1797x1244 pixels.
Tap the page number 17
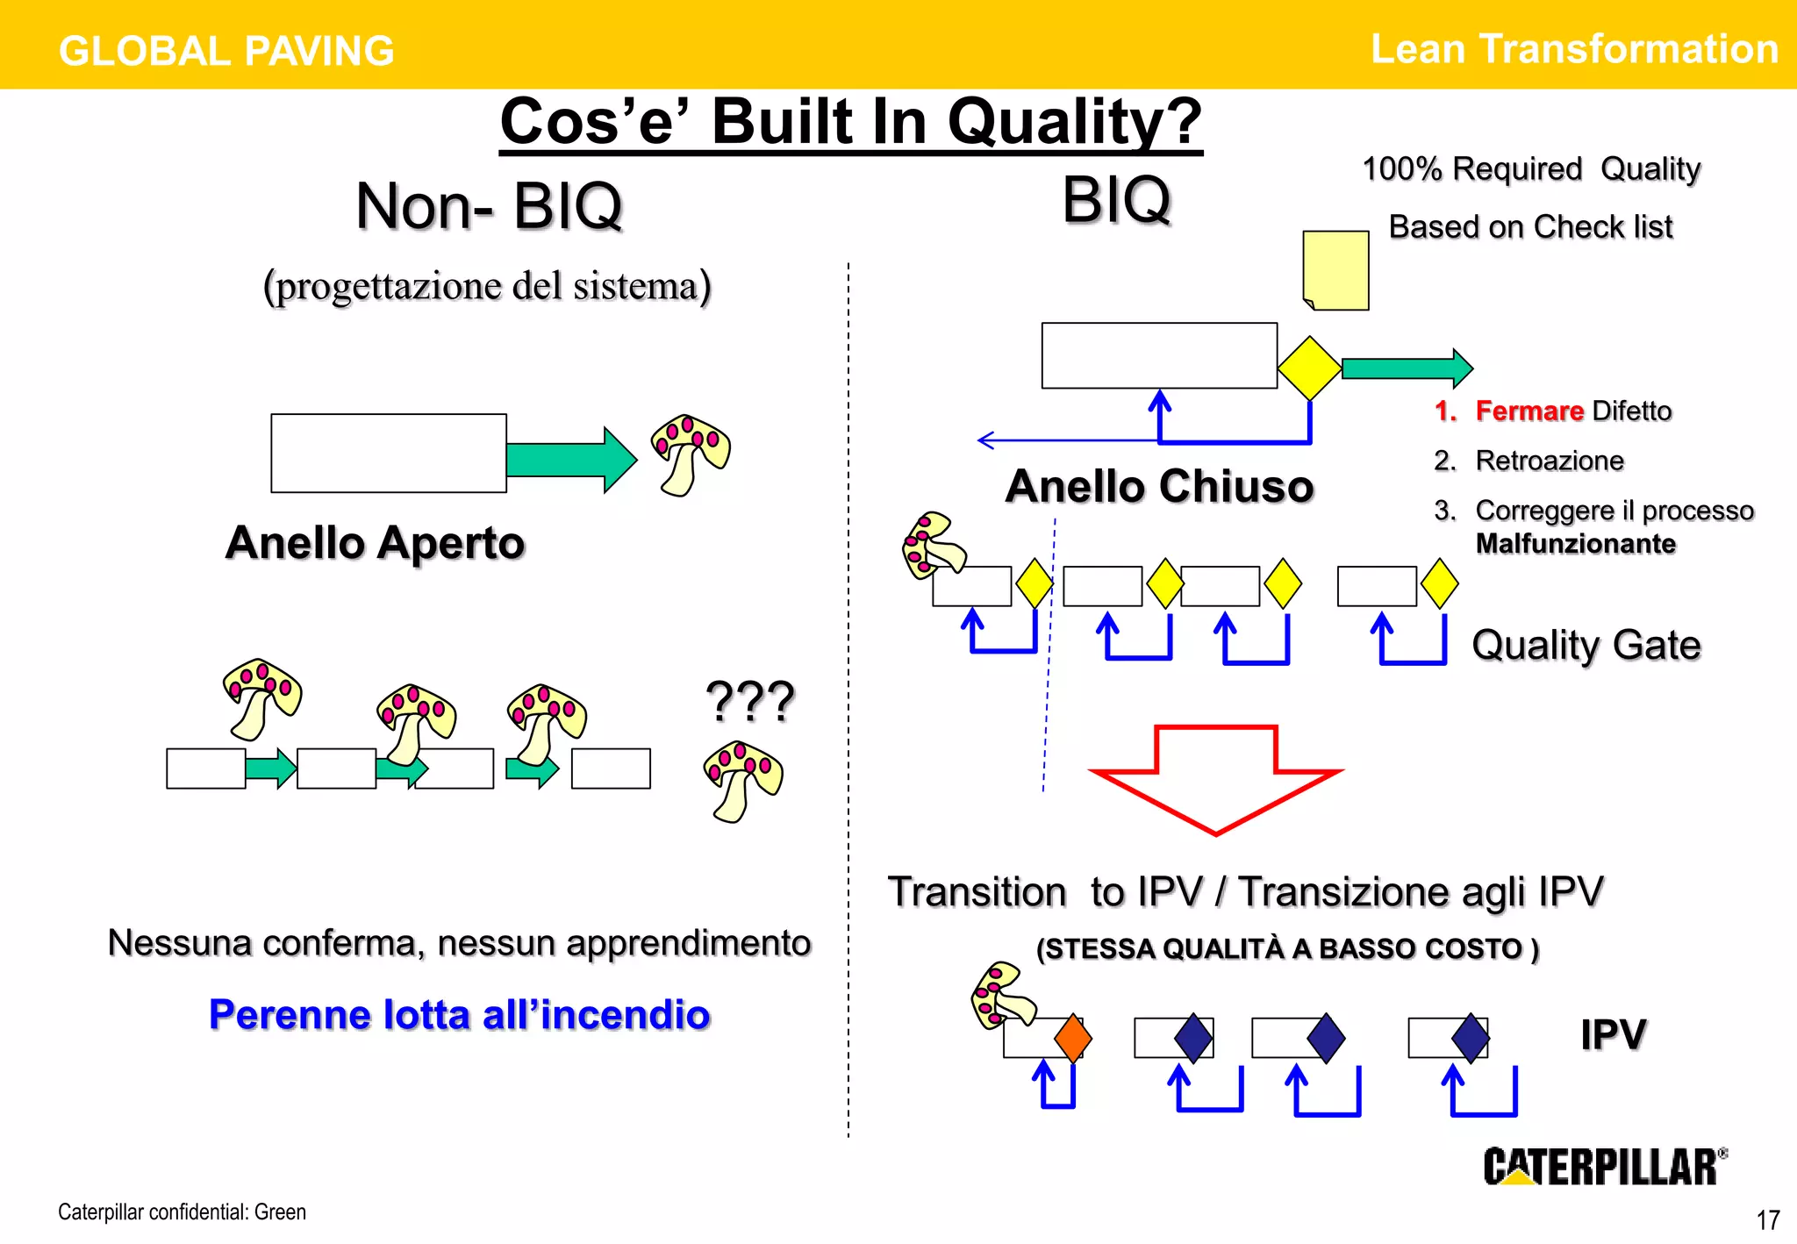tap(1767, 1219)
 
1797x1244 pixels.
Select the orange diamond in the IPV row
tap(1072, 1038)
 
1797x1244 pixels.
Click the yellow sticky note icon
tap(1335, 270)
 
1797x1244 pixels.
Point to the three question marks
tap(750, 702)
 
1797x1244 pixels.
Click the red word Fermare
tap(1529, 411)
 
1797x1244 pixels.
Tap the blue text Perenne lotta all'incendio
tap(459, 1015)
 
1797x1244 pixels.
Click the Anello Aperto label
tap(375, 542)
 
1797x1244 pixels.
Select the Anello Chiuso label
tap(1159, 486)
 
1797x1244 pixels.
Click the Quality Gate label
tap(1586, 645)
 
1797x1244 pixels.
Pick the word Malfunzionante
tap(1575, 544)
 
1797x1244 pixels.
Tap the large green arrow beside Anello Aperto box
tap(570, 460)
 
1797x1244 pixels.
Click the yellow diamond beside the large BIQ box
tap(1309, 368)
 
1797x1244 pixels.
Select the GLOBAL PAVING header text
tap(226, 51)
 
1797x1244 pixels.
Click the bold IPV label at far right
tap(1613, 1034)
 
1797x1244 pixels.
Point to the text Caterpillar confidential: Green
tap(182, 1212)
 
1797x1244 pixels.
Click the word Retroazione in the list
tap(1549, 461)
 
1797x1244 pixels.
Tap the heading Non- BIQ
tap(489, 207)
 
